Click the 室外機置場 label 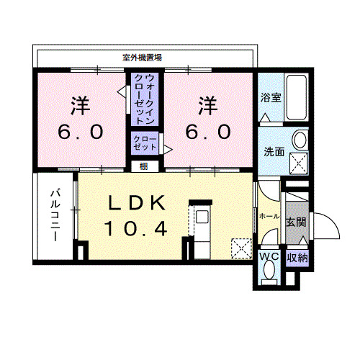(x=141, y=58)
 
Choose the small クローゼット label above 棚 (x=144, y=142)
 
